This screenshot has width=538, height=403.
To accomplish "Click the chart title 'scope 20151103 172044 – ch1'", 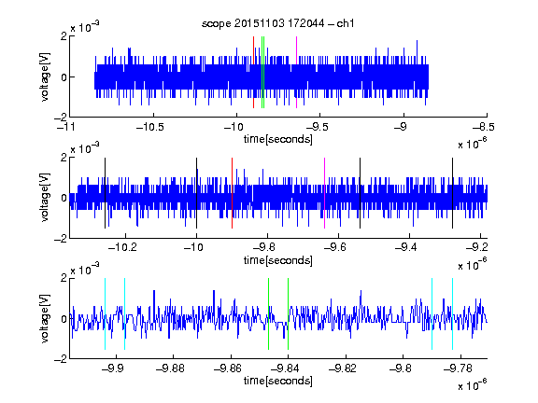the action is [277, 23].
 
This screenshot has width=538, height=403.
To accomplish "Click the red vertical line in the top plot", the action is [253, 73].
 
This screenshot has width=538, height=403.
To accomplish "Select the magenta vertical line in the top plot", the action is [296, 73].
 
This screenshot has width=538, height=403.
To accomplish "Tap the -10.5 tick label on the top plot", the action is [150, 128].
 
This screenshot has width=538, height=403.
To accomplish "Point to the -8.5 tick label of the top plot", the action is [484, 128].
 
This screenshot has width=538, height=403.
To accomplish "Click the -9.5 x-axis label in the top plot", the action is [317, 128].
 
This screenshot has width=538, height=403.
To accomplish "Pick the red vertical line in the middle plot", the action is [232, 193].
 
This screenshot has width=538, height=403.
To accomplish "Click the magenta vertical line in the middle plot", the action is [325, 193].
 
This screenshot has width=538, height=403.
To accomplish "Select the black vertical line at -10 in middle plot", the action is [196, 193].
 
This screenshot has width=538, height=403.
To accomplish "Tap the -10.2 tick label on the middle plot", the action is [122, 247].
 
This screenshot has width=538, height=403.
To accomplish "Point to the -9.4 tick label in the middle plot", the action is [406, 247].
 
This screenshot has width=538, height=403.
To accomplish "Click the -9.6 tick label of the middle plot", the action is [335, 247].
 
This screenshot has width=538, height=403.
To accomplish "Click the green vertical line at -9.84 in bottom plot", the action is [288, 313].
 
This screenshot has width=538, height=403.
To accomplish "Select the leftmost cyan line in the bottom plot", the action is [105, 313].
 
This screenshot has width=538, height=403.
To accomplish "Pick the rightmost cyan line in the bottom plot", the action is [453, 313].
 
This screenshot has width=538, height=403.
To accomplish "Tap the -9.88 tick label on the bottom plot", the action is [170, 368].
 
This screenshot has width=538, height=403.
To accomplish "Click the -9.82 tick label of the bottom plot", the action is [343, 368].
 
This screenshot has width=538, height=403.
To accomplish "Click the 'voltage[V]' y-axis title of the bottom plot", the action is [45, 319].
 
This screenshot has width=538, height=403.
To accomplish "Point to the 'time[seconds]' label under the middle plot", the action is [278, 260].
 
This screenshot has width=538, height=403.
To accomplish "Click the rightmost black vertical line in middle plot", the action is [453, 193].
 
